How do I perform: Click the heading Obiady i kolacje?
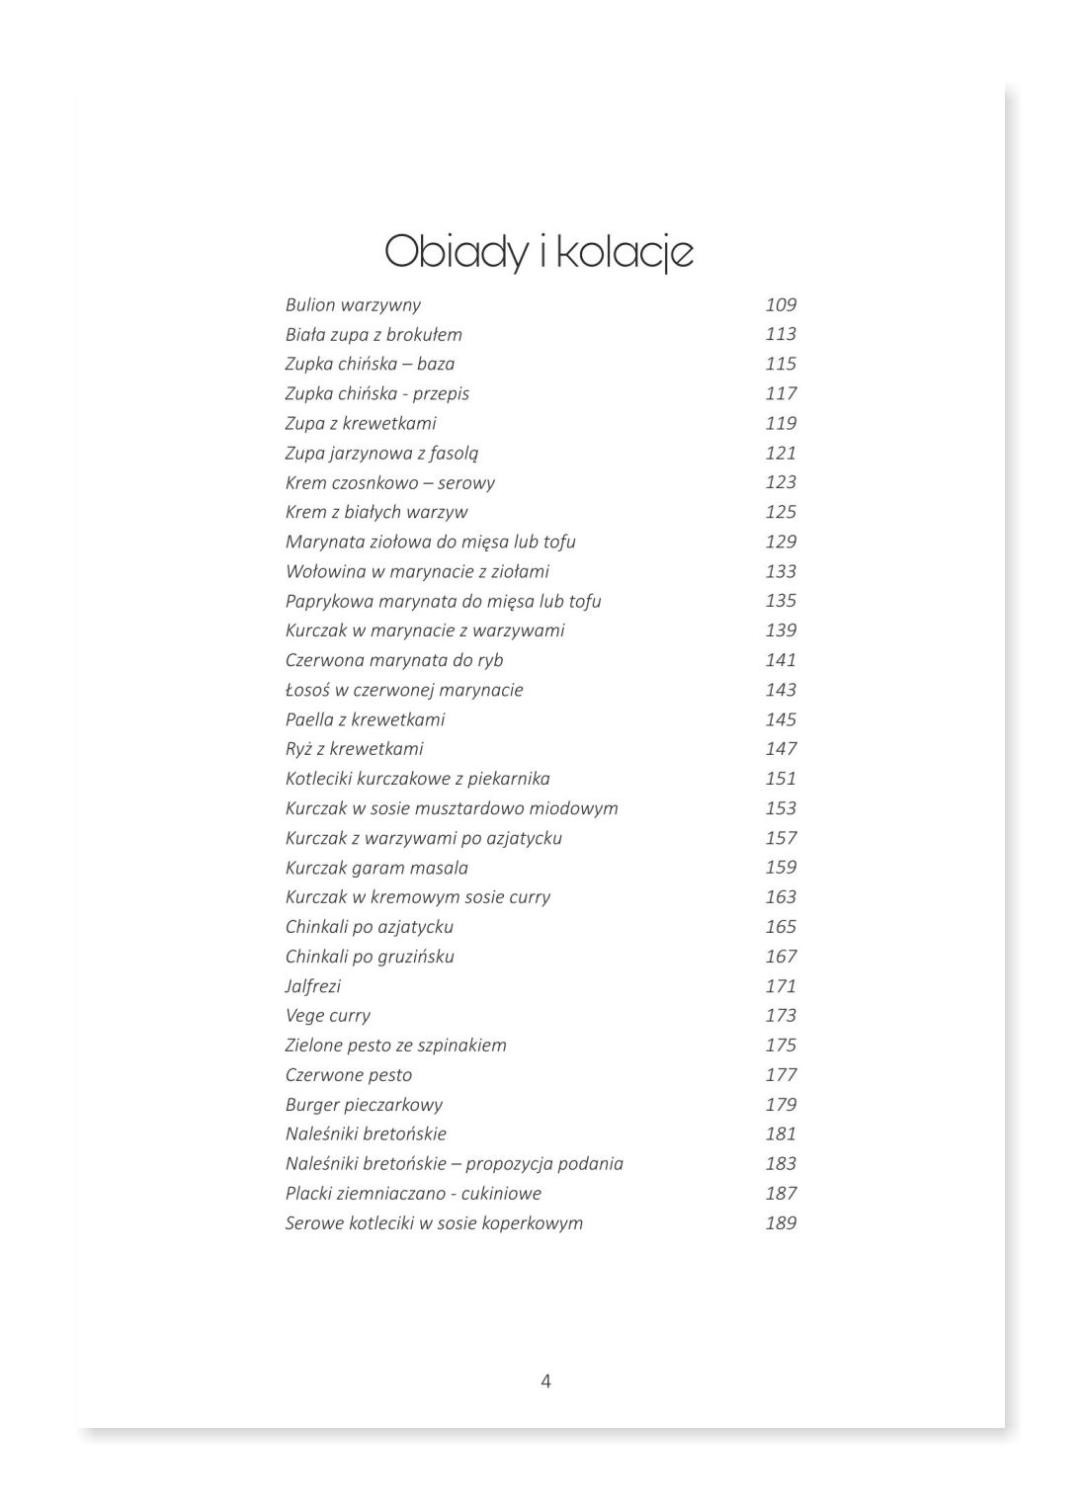point(539,252)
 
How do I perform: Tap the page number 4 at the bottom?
point(546,1382)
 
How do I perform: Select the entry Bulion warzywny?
point(353,305)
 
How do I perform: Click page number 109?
point(781,305)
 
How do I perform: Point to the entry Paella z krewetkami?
point(365,719)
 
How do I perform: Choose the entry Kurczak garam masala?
point(376,868)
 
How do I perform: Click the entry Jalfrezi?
point(312,986)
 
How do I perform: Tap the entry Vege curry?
point(327,1016)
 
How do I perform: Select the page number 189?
point(781,1223)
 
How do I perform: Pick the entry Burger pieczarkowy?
point(364,1105)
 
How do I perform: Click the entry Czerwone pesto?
point(348,1075)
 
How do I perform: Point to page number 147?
point(781,749)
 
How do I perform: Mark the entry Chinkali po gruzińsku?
point(370,957)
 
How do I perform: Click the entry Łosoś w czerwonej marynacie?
point(404,690)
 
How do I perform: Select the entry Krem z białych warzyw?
point(376,512)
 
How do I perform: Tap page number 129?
point(781,542)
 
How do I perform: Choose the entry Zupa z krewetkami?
point(361,423)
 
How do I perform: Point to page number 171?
point(781,986)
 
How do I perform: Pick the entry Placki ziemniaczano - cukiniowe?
point(413,1194)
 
